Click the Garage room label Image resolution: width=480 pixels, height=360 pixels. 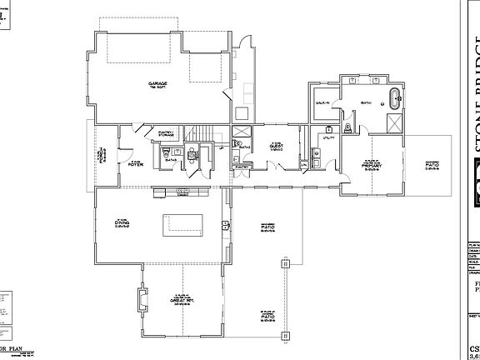click(x=158, y=84)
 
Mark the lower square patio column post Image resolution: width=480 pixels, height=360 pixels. click(x=286, y=339)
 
